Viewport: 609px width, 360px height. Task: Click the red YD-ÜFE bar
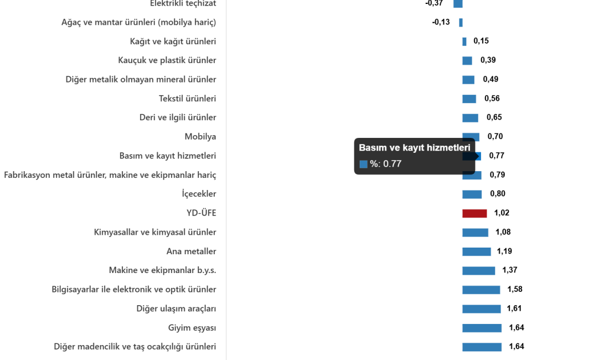pyautogui.click(x=474, y=213)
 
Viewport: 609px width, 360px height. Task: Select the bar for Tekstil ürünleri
pyautogui.click(x=469, y=99)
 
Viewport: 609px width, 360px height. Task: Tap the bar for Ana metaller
pyautogui.click(x=476, y=252)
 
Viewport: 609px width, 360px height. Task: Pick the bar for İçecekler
pyautogui.click(x=472, y=194)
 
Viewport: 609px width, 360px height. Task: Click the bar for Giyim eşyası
pyautogui.click(x=482, y=328)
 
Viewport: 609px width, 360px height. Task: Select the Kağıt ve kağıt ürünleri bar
pyautogui.click(x=464, y=42)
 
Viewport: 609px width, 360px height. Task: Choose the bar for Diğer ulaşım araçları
pyautogui.click(x=481, y=309)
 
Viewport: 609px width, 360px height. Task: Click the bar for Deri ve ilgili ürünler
pyautogui.click(x=469, y=118)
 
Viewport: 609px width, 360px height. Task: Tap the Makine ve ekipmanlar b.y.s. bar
pyautogui.click(x=478, y=271)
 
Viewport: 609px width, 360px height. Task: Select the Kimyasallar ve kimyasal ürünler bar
pyautogui.click(x=475, y=233)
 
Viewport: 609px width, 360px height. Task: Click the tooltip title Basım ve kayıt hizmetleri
pyautogui.click(x=415, y=148)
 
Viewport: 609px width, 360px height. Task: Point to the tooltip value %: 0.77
pyautogui.click(x=385, y=164)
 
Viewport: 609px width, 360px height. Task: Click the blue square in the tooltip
pyautogui.click(x=363, y=164)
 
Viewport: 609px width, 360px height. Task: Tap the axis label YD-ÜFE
pyautogui.click(x=201, y=213)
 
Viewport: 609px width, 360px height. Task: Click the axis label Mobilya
pyautogui.click(x=200, y=136)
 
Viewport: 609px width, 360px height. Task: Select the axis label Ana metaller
pyautogui.click(x=191, y=251)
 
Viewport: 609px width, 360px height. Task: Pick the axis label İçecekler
pyautogui.click(x=199, y=194)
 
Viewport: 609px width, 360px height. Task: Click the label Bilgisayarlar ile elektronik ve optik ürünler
pyautogui.click(x=134, y=290)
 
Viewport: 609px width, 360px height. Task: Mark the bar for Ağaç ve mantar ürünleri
pyautogui.click(x=461, y=23)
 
